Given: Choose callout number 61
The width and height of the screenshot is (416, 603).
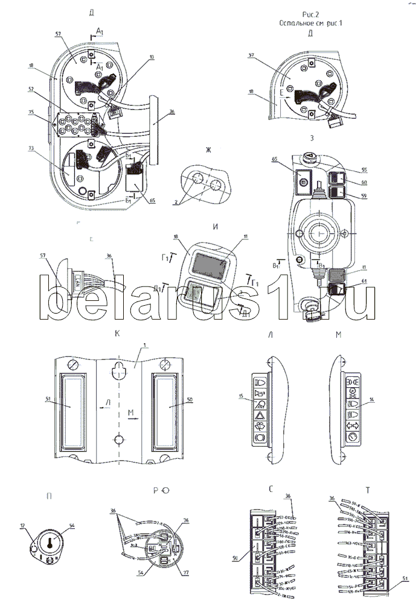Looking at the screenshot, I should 364,281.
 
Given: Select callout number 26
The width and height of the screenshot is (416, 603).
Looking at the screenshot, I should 168,519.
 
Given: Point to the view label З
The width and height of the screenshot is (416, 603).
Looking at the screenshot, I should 310,137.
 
